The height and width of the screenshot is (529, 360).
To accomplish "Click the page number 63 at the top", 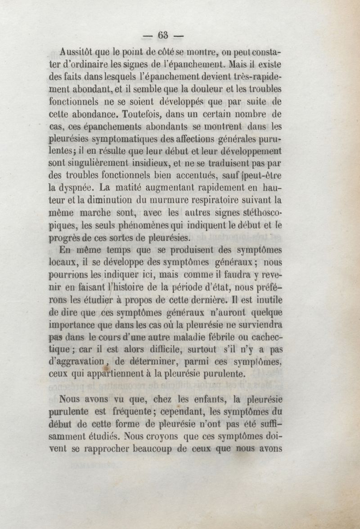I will click(162, 35).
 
